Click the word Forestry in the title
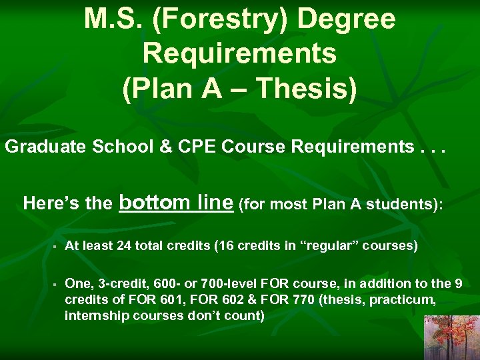click(x=224, y=19)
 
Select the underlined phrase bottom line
click(x=176, y=201)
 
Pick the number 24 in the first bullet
click(x=124, y=245)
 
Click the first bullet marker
click(x=51, y=246)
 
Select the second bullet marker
click(x=51, y=285)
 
